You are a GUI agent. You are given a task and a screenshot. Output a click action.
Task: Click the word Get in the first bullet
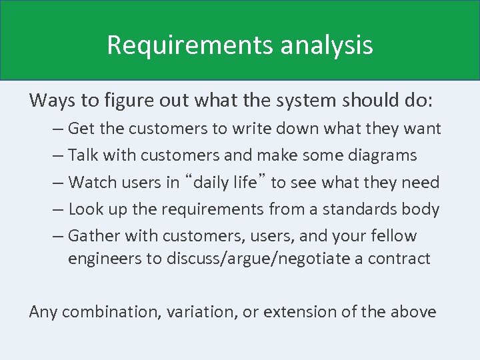tap(81, 128)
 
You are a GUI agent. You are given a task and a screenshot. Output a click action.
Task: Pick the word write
tap(270, 128)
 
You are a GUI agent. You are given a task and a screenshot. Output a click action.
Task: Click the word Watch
tap(91, 182)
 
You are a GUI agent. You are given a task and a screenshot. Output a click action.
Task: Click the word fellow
tap(393, 236)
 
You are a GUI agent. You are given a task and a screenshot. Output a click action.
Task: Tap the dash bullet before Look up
tap(57, 209)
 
